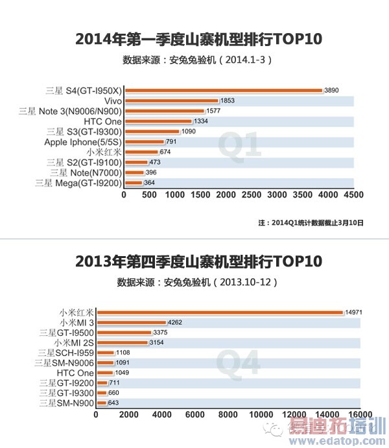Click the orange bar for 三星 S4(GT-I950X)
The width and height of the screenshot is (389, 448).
222,90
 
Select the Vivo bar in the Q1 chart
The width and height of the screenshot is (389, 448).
171,100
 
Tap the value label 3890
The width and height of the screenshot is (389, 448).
332,90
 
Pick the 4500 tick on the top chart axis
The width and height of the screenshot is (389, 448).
353,195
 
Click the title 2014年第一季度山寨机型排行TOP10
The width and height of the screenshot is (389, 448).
194,40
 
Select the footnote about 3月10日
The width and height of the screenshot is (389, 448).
311,222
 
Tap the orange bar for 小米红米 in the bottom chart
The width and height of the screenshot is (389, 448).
219,312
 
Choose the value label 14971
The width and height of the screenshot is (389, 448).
353,312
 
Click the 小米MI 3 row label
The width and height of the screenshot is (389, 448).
76,322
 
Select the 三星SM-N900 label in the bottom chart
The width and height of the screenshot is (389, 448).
66,403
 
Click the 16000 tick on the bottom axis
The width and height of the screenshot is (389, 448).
360,415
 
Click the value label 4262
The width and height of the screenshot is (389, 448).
176,322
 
